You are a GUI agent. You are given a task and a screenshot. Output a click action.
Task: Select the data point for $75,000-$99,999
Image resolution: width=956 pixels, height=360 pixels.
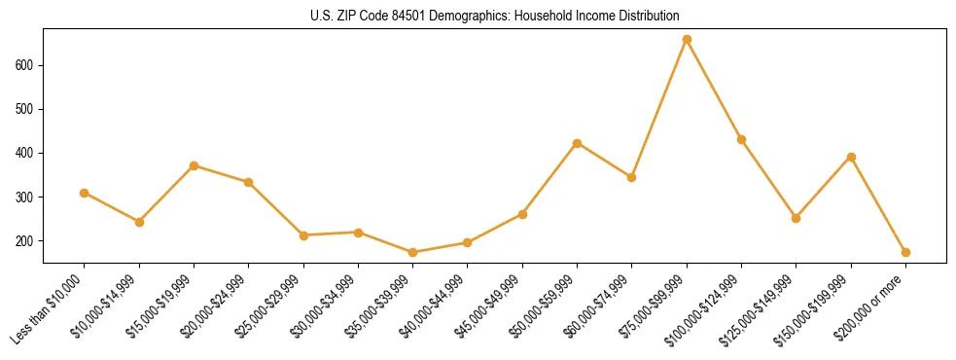[687, 40]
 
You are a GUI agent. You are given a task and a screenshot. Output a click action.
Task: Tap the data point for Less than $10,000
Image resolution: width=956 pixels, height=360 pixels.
[85, 193]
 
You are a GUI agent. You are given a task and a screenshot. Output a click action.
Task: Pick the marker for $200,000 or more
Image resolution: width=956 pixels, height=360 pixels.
[905, 252]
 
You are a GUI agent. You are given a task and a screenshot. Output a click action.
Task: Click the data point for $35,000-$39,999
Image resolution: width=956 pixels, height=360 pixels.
[413, 252]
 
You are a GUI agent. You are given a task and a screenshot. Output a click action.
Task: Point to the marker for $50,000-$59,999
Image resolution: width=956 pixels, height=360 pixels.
[578, 143]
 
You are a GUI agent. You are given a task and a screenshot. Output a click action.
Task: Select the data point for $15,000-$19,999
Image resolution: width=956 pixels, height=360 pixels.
[195, 165]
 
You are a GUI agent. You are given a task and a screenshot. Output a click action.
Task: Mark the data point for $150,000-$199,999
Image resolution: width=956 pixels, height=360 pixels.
[851, 157]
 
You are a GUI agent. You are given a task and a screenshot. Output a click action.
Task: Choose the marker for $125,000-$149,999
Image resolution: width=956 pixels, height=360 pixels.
[797, 218]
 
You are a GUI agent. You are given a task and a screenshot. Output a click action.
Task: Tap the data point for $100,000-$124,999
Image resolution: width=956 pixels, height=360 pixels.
[741, 139]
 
